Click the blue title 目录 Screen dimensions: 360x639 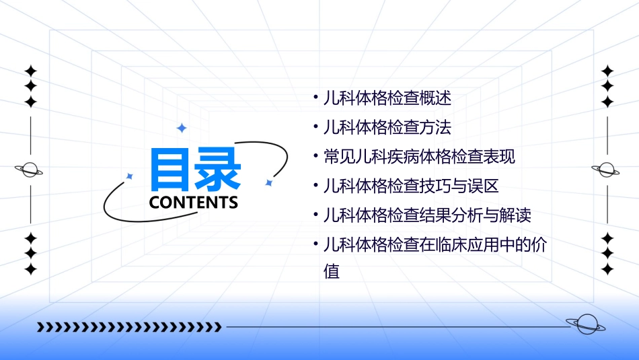coord(195,169)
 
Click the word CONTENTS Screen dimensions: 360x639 coord(194,203)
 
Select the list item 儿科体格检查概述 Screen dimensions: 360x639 coord(387,98)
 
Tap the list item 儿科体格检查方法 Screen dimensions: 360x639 coord(387,127)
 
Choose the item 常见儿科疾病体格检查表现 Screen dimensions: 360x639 coord(419,157)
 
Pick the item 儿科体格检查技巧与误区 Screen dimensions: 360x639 coord(410,186)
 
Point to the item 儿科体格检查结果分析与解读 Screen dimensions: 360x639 coord(427,216)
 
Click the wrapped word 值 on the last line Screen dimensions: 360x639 coord(332,272)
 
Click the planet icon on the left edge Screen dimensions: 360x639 coord(30,170)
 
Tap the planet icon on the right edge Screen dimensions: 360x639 coord(607,170)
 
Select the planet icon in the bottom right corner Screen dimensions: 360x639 coord(585,325)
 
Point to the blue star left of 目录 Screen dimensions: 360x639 coord(130,176)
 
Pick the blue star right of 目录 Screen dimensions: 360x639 coord(268,182)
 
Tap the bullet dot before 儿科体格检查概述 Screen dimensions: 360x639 coord(316,98)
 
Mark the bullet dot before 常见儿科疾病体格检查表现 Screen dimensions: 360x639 coord(316,157)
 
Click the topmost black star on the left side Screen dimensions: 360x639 coord(30,70)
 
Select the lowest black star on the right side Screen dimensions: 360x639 coord(607,269)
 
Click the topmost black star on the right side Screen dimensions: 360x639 coord(607,70)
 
